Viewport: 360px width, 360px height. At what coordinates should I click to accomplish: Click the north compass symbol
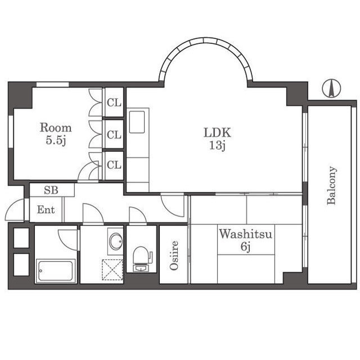tap(331, 89)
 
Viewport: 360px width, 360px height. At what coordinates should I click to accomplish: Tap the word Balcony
tap(332, 185)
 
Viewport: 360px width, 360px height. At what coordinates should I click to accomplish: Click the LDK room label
tap(217, 133)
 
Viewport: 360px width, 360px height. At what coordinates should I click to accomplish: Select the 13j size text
tap(217, 145)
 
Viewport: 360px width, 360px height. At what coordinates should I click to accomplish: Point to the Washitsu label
tap(245, 234)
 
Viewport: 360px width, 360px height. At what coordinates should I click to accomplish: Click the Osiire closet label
tap(174, 255)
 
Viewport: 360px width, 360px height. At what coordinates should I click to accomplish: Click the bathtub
tap(55, 271)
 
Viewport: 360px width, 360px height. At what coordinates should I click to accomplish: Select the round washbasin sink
tap(116, 241)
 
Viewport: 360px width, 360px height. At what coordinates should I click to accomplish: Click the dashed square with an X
tap(112, 269)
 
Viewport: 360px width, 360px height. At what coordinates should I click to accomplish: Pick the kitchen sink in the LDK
tap(137, 122)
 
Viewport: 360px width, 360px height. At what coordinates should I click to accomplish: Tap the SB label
tap(51, 190)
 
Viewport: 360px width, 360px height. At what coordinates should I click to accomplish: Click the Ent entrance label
tap(46, 210)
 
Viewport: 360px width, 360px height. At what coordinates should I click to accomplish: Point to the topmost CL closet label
tap(114, 102)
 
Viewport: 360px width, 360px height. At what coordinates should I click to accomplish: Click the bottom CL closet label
tap(114, 165)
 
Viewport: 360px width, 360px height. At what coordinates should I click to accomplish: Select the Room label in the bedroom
tap(56, 128)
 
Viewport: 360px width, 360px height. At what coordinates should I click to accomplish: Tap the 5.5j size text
tap(56, 140)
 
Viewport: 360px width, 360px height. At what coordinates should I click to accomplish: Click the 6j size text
tap(245, 247)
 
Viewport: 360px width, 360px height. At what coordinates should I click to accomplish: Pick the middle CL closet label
tap(114, 134)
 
